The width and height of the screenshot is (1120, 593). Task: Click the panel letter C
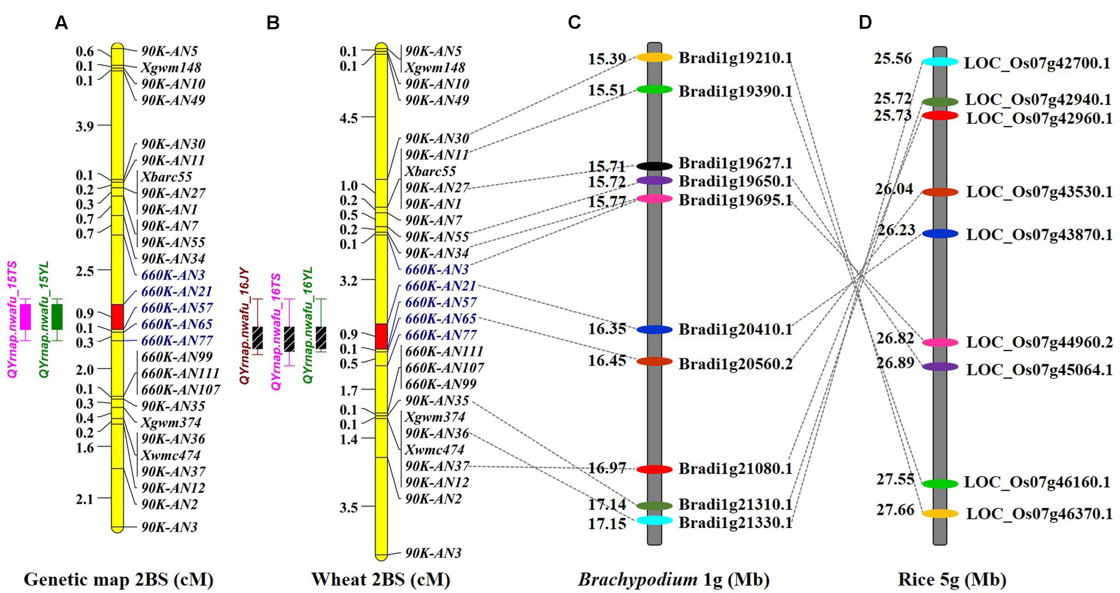[574, 22]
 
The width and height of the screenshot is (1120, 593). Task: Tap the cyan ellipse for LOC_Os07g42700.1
[940, 62]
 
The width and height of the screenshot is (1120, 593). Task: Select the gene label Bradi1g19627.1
[735, 164]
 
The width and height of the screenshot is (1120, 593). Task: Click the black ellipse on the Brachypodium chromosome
[654, 166]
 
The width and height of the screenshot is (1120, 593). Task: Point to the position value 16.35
[607, 329]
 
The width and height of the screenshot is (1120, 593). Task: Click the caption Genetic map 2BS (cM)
[118, 580]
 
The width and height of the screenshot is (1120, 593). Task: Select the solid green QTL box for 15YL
[57, 317]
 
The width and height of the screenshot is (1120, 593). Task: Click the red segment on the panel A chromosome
[118, 317]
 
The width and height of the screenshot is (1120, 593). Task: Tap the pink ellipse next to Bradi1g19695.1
[654, 199]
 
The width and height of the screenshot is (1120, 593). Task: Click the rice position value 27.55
[895, 479]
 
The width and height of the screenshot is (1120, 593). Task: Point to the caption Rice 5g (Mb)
[952, 580]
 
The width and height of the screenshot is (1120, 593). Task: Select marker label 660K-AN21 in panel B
[440, 286]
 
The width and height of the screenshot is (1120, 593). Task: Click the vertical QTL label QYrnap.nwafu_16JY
[245, 326]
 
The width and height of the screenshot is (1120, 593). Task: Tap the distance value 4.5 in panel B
[348, 118]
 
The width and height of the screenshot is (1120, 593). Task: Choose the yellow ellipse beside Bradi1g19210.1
[654, 57]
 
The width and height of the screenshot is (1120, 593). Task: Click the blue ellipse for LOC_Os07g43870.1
[940, 233]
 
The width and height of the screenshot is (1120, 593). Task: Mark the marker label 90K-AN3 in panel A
[169, 528]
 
